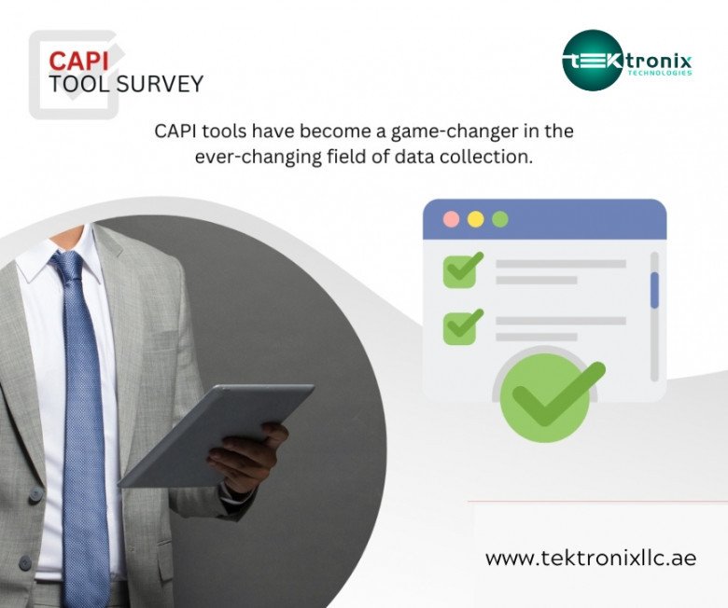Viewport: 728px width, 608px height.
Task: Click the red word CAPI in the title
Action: click(x=78, y=61)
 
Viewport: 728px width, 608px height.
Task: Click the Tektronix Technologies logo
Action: click(x=627, y=61)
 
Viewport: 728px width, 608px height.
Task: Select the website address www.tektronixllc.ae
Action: click(x=591, y=558)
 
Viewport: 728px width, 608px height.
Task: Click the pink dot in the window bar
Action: click(x=452, y=219)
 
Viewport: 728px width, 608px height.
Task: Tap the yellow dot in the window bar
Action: click(x=475, y=219)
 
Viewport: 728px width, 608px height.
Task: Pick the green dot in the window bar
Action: click(x=499, y=219)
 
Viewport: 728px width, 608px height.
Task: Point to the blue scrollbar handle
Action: click(x=654, y=290)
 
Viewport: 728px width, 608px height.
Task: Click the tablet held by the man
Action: click(x=217, y=435)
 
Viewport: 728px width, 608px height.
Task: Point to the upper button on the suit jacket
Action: click(x=35, y=495)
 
